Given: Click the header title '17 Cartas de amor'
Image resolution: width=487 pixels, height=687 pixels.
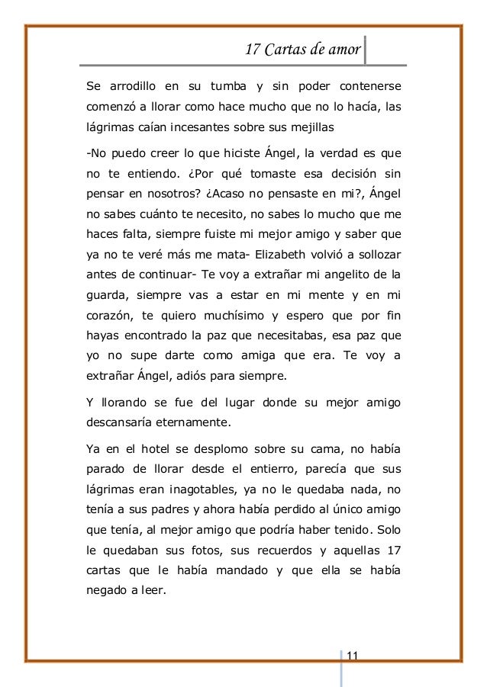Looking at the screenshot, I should (x=302, y=50).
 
